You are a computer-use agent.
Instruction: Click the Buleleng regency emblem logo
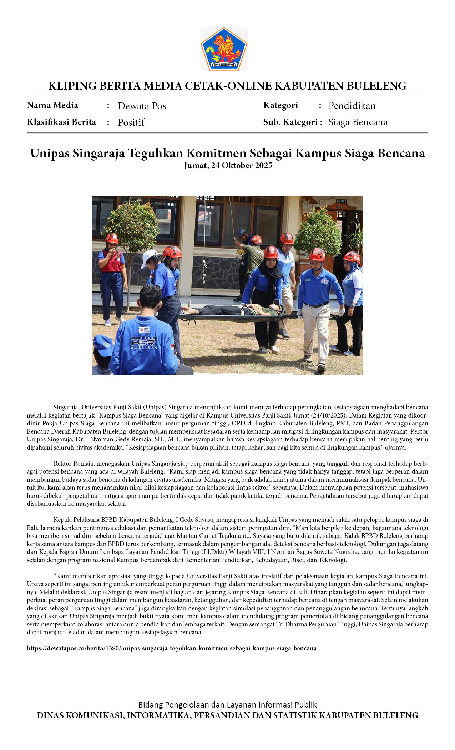[x=224, y=49]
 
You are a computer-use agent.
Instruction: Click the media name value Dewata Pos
[x=142, y=106]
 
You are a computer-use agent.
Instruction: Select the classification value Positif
[x=131, y=122]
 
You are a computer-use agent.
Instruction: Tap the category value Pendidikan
[x=352, y=106]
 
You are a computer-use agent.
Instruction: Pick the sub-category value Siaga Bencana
[x=358, y=122]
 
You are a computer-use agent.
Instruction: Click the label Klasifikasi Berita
[x=61, y=122]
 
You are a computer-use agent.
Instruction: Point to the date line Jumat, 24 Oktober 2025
[x=228, y=166]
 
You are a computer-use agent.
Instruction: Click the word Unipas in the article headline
[x=50, y=154]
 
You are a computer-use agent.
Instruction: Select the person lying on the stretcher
[x=232, y=309]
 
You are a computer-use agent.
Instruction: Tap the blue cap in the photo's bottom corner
[x=102, y=345]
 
